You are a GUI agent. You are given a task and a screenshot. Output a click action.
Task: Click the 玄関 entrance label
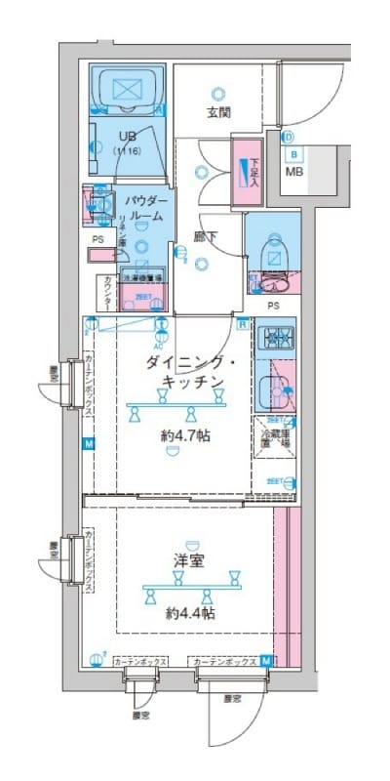click(218, 112)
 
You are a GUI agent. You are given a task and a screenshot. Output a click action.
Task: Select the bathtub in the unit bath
click(127, 91)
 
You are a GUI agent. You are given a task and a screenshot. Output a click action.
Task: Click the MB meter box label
click(293, 173)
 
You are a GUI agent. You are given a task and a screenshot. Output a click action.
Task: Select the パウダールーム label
click(146, 207)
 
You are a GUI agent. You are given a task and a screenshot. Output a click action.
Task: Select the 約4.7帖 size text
click(185, 436)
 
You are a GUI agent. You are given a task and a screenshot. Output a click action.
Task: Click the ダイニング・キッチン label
click(187, 372)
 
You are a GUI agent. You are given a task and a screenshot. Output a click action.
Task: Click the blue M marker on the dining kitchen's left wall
click(89, 444)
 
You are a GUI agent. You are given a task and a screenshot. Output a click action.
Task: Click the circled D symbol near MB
click(290, 138)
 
